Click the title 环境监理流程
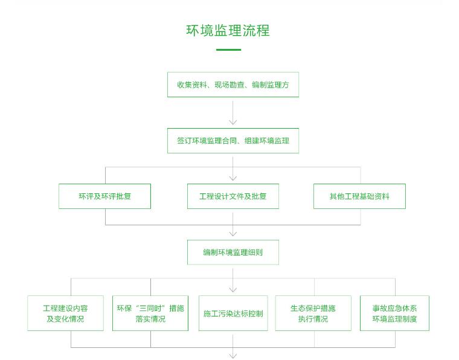click(228, 31)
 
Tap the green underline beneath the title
click(228, 50)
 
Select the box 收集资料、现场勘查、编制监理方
click(233, 85)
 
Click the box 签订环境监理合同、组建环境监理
click(233, 141)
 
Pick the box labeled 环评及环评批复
click(104, 196)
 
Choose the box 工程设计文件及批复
click(233, 196)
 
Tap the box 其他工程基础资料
click(359, 196)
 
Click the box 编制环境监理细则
click(233, 252)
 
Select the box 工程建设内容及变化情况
click(65, 313)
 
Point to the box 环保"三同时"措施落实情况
click(150, 313)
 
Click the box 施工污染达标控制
click(233, 313)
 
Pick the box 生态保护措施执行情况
click(313, 313)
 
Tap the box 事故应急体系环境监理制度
click(394, 313)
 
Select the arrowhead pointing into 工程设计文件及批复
click(233, 178)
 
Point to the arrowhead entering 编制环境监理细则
click(233, 234)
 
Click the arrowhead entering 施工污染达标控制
click(233, 289)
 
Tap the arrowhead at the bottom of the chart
click(233, 355)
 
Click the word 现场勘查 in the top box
click(228, 85)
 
